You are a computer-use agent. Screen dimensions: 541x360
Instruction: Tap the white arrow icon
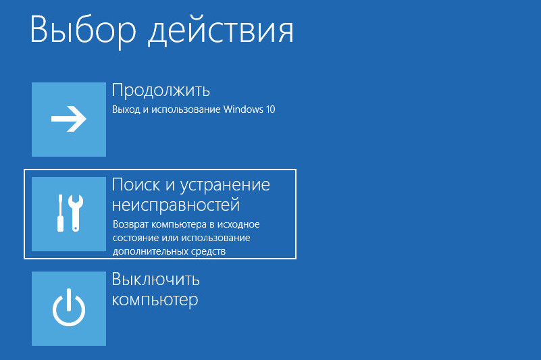click(69, 119)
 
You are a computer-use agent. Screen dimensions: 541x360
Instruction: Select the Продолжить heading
click(161, 91)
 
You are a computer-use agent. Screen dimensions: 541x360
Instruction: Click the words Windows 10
click(249, 109)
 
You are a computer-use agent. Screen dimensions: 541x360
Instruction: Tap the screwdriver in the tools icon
click(60, 213)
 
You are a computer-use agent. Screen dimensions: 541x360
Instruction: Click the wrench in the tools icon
click(76, 213)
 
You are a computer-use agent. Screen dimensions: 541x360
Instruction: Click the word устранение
click(225, 186)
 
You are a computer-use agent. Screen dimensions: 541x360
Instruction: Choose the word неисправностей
click(176, 205)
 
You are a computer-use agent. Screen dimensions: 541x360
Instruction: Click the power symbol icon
click(69, 307)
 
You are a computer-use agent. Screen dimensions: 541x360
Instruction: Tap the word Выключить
click(155, 280)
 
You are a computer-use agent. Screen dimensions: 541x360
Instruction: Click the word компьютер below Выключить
click(155, 300)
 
